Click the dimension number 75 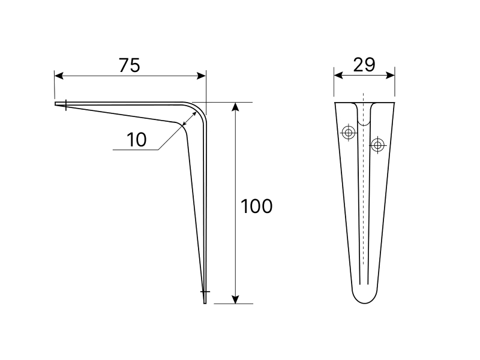pyautogui.click(x=130, y=65)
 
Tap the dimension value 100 pyautogui.click(x=257, y=206)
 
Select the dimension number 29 pyautogui.click(x=364, y=65)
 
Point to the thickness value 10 pyautogui.click(x=137, y=140)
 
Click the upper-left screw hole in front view pyautogui.click(x=349, y=133)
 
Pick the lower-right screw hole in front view pyautogui.click(x=378, y=145)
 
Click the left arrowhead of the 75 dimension pyautogui.click(x=59, y=76)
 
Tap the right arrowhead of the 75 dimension pyautogui.click(x=202, y=76)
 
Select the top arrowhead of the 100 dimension pyautogui.click(x=235, y=107)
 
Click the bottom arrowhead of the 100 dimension pyautogui.click(x=235, y=299)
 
